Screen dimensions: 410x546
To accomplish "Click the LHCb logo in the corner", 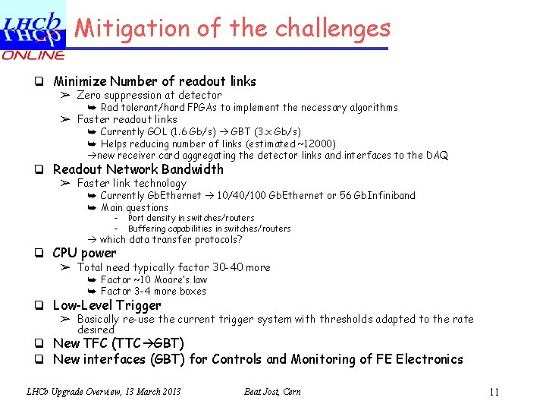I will pyautogui.click(x=32, y=26).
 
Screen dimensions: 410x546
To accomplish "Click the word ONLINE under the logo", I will pyautogui.click(x=33, y=55).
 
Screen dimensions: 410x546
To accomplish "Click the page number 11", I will pyautogui.click(x=494, y=393).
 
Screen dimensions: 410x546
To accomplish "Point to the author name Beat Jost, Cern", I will pyautogui.click(x=272, y=392).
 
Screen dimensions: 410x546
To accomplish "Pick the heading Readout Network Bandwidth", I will pyautogui.click(x=138, y=169).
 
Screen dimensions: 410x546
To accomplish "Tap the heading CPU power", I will pyautogui.click(x=84, y=253).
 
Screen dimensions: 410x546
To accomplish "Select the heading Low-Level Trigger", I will pyautogui.click(x=107, y=305).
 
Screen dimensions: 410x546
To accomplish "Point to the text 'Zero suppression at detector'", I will pyautogui.click(x=149, y=95).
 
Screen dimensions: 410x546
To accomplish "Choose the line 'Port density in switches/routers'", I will pyautogui.click(x=191, y=218).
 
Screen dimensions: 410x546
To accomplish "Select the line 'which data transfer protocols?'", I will pyautogui.click(x=171, y=239).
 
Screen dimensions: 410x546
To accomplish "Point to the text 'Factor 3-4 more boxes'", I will pyautogui.click(x=153, y=291).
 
